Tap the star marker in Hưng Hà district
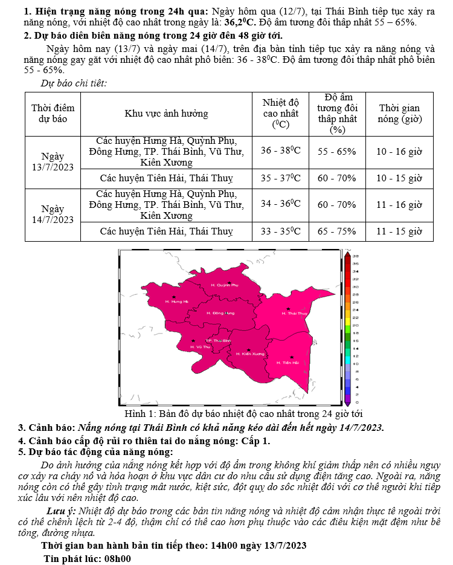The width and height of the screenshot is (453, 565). [174, 297]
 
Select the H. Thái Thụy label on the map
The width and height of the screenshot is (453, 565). [295, 314]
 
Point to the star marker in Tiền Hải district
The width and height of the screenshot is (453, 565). [292, 357]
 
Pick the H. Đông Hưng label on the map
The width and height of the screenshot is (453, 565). [220, 313]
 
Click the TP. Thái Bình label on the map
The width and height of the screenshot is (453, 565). [219, 341]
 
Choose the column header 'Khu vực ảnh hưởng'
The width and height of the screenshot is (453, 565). [166, 114]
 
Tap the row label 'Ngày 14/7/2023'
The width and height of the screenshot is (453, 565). [53, 215]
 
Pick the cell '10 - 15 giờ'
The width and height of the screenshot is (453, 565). [399, 178]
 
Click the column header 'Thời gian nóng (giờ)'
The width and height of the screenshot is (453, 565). [399, 114]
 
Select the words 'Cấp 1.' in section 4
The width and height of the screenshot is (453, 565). [254, 441]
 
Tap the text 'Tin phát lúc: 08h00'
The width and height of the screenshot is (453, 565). [87, 558]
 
